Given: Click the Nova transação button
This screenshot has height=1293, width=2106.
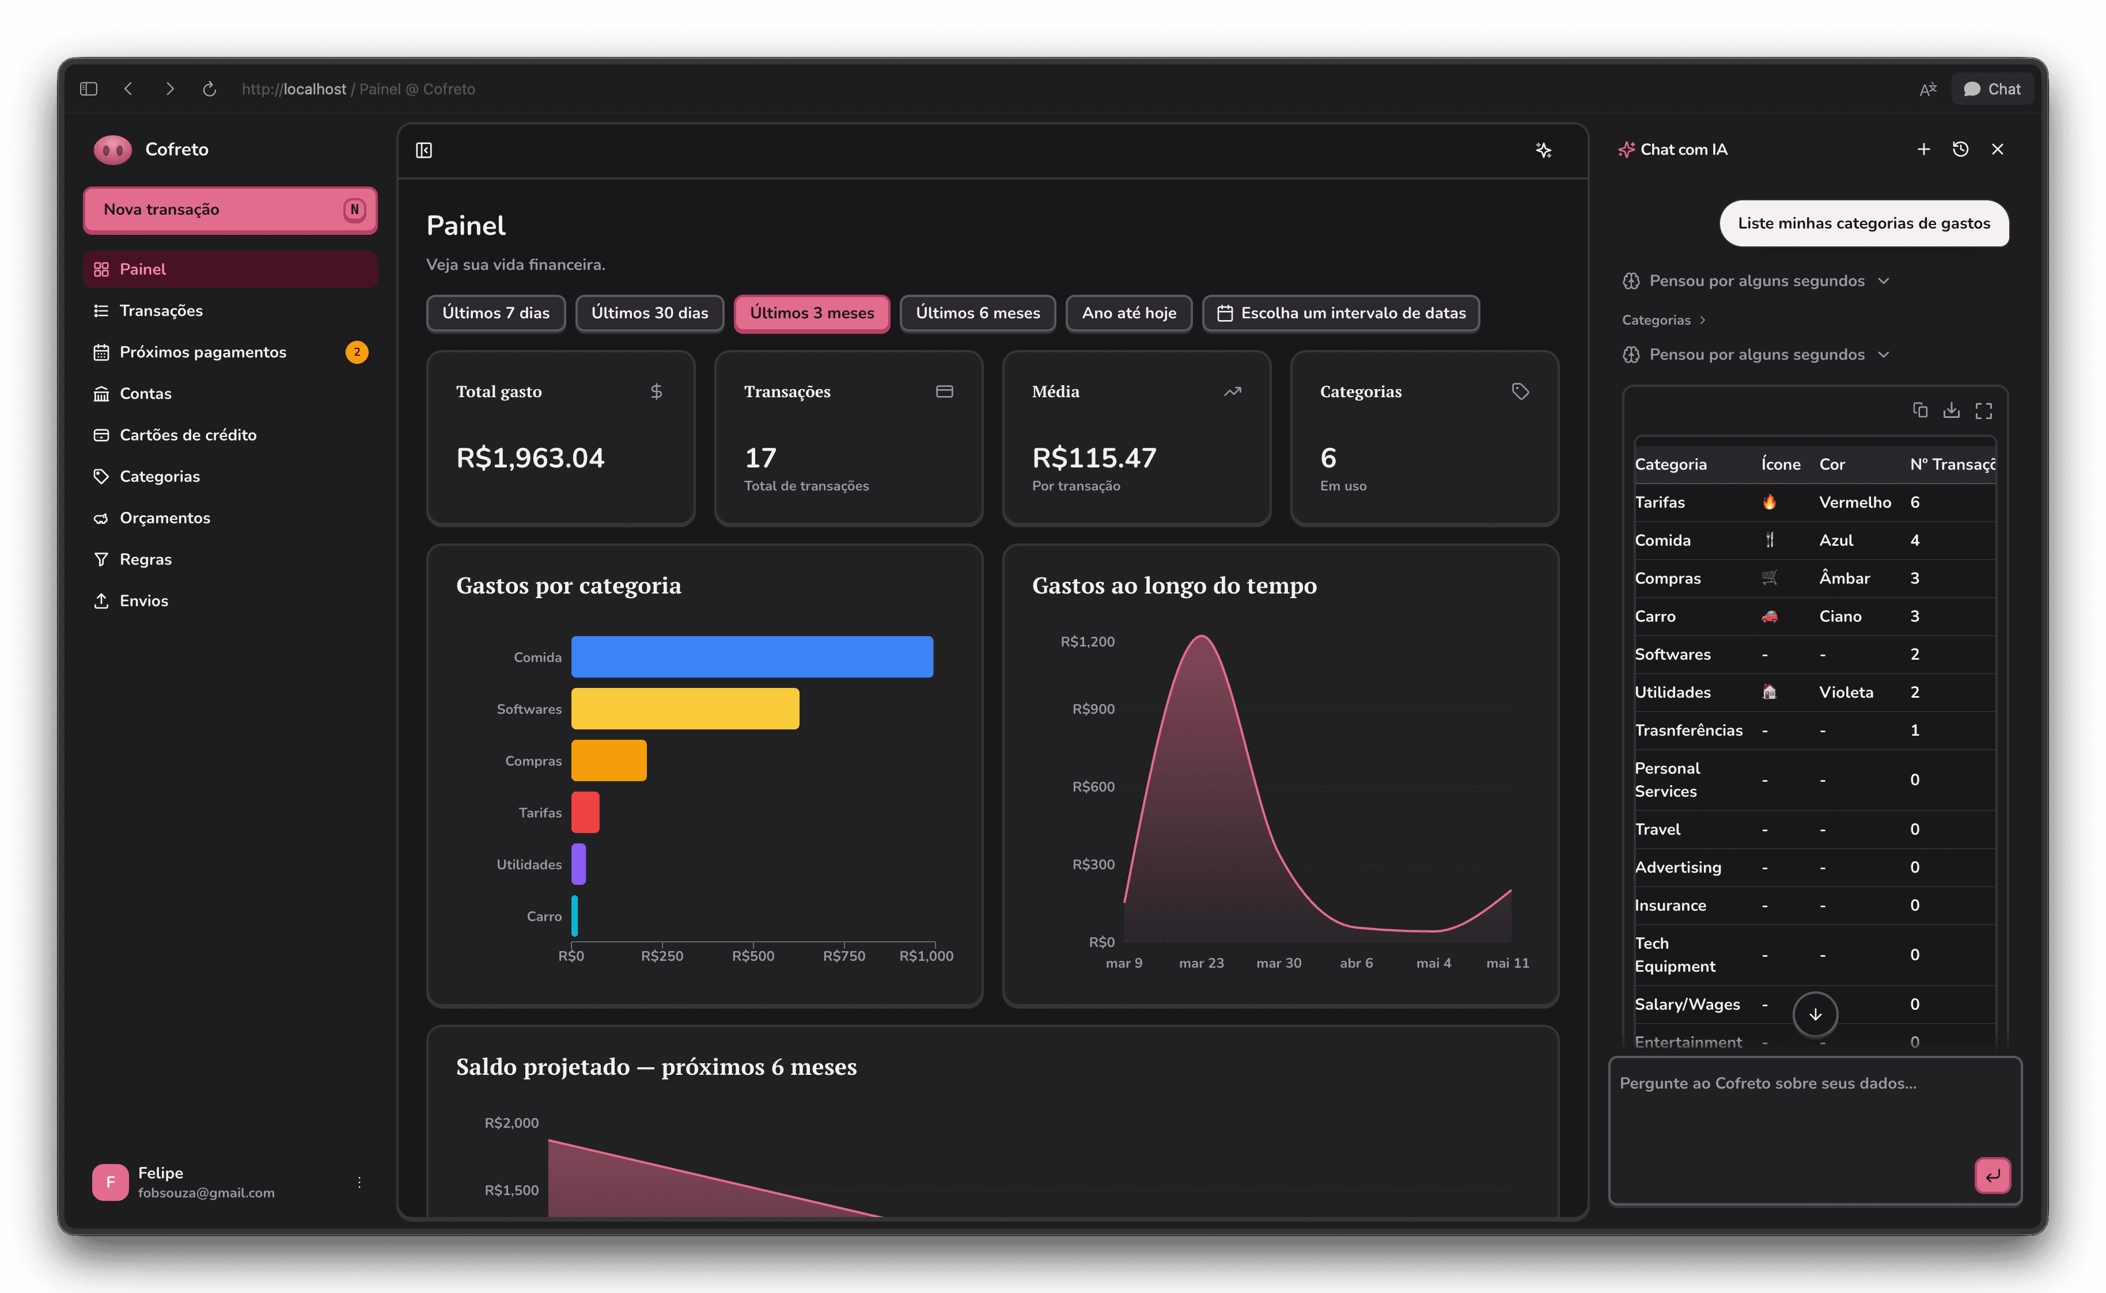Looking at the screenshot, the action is [229, 210].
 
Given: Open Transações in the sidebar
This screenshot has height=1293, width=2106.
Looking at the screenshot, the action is [161, 310].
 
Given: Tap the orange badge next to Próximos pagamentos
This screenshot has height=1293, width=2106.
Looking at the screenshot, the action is [357, 352].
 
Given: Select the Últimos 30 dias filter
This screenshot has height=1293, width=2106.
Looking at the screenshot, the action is [649, 313].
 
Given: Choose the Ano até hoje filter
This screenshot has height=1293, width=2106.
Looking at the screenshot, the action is [1128, 313].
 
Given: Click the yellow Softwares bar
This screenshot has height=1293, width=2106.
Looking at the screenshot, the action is [685, 709].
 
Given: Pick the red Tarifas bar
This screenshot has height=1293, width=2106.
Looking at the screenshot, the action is [585, 812].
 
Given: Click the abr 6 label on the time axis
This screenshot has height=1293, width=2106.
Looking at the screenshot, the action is [1356, 963].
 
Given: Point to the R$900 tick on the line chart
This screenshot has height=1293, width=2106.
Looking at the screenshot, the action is [1093, 709].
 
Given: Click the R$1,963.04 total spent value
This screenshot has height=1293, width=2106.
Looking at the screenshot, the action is [531, 458].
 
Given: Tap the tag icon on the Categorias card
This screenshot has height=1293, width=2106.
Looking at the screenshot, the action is [1520, 391].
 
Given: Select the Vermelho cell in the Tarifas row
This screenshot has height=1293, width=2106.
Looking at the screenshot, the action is [1854, 503].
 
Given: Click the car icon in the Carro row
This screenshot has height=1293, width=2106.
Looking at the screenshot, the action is [1769, 617].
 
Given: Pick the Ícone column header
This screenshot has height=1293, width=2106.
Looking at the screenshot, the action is [1780, 465].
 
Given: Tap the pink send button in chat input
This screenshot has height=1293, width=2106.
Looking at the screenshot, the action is [1992, 1175].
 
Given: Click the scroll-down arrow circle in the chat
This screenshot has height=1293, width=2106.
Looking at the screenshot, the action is [1815, 1014].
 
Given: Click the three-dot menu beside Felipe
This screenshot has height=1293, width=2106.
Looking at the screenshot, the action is [359, 1182].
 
